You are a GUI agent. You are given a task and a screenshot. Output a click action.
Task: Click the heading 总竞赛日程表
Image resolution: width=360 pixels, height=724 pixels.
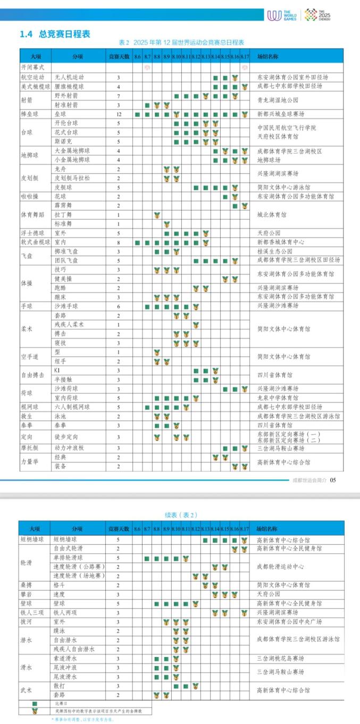coord(64,34)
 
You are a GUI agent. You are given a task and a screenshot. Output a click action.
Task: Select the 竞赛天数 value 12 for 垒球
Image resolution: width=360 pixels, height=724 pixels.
coord(119,114)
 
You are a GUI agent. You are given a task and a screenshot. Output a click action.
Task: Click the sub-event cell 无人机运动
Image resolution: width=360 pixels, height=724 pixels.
coord(69,78)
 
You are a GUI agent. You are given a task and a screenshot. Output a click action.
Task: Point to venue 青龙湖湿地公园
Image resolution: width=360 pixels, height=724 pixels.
coord(277,100)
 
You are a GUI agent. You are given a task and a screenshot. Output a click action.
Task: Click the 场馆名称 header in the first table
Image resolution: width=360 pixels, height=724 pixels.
coord(269,56)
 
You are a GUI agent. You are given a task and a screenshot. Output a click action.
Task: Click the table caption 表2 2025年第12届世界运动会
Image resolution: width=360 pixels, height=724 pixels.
coord(181,43)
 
